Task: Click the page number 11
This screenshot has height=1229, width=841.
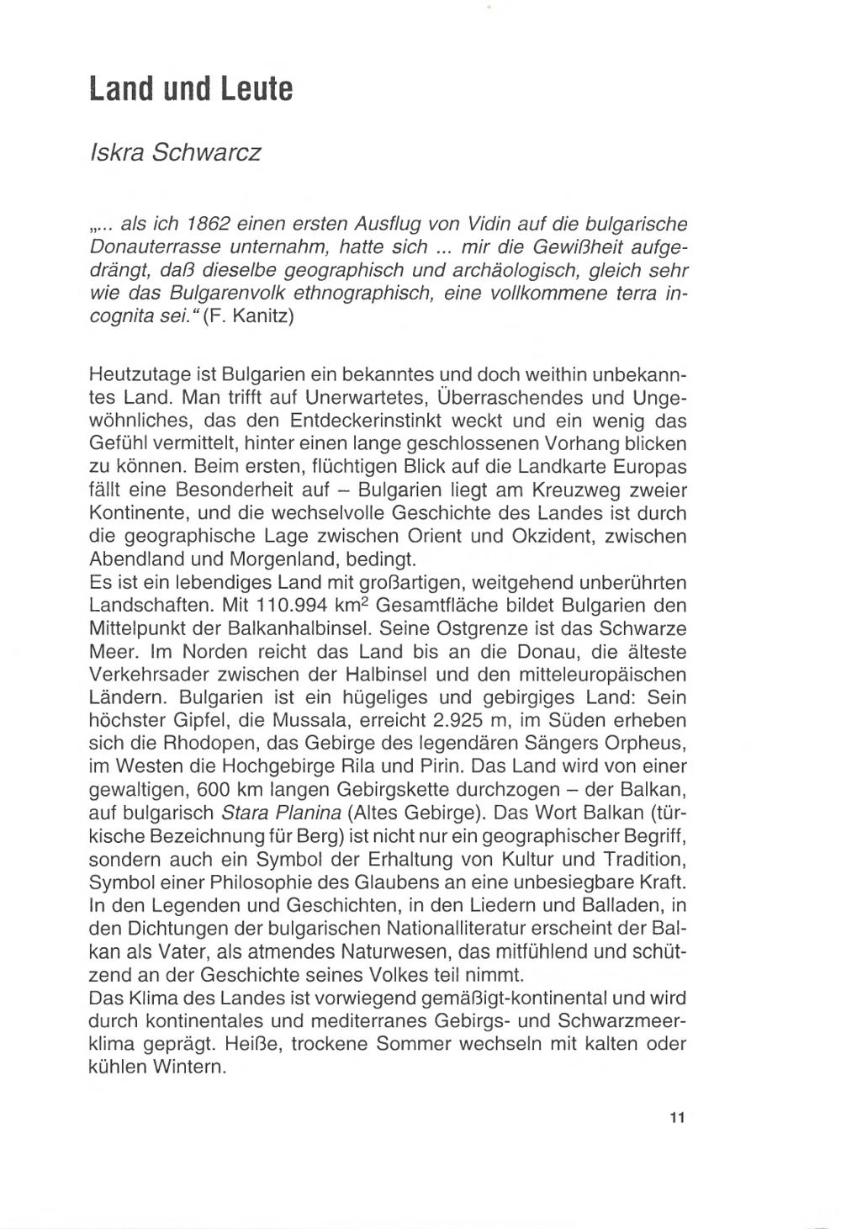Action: click(x=677, y=1118)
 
